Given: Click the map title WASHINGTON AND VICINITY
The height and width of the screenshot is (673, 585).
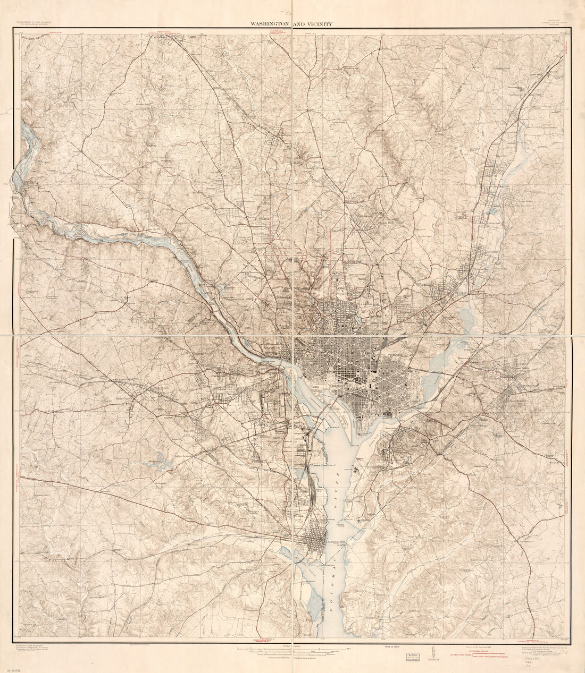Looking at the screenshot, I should click(x=294, y=24).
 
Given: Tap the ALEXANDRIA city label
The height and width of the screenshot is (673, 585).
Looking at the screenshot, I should click(x=336, y=542).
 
